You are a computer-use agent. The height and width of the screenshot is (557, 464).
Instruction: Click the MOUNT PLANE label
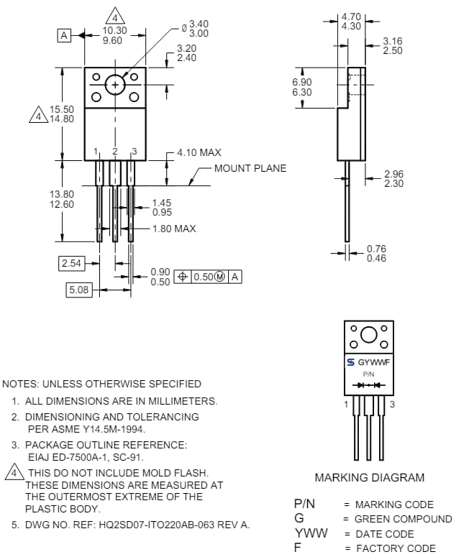(250, 168)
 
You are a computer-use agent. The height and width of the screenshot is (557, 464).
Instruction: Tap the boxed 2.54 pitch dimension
(71, 263)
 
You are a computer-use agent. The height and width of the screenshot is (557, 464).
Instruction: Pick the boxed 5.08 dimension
(78, 290)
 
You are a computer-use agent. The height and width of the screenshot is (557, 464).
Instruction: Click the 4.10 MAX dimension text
(199, 152)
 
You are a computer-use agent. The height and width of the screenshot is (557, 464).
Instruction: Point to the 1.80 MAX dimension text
(173, 229)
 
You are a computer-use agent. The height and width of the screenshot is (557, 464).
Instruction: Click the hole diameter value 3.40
(199, 24)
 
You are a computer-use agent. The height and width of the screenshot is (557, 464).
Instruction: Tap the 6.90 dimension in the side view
(302, 83)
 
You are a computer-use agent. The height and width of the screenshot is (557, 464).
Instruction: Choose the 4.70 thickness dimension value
(352, 16)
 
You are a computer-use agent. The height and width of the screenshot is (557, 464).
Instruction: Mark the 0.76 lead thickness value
(376, 249)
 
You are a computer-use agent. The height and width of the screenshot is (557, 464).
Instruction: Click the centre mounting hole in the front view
(115, 85)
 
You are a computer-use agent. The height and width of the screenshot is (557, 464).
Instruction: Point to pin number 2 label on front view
(115, 152)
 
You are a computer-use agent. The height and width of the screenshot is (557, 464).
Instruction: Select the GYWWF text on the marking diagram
(374, 362)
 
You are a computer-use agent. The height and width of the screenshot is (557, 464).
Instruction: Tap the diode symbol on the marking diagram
(368, 385)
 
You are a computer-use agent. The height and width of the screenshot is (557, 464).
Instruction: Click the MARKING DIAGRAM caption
(369, 477)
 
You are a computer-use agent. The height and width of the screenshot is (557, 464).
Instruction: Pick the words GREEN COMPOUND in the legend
(404, 519)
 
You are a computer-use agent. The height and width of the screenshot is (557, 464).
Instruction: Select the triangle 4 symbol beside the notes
(12, 472)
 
